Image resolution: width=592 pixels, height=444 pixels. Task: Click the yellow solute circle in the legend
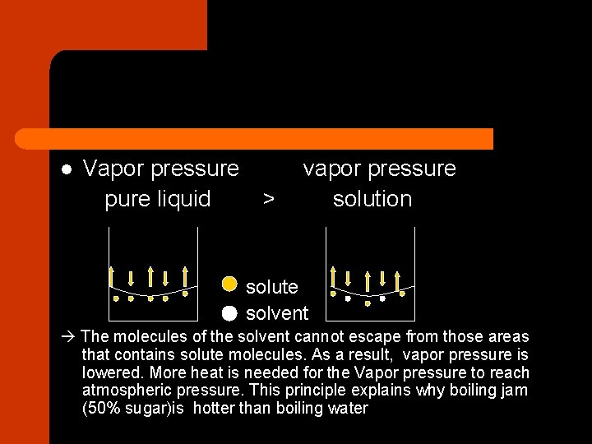(x=229, y=284)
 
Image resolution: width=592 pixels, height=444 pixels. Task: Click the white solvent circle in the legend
(x=229, y=312)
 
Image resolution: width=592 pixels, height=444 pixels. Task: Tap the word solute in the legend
(x=272, y=287)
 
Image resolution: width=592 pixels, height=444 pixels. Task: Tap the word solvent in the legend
(x=277, y=313)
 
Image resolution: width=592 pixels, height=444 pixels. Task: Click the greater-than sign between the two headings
(x=268, y=199)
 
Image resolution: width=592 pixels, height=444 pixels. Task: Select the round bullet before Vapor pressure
(x=67, y=170)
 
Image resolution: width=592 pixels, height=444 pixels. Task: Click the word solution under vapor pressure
(x=372, y=199)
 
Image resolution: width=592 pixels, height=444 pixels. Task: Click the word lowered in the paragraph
(x=109, y=372)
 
